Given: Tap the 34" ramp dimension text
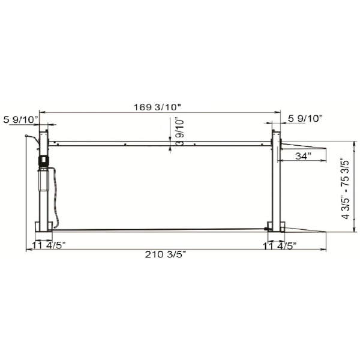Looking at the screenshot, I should coord(303,156).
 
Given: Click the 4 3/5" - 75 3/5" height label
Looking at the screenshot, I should coord(345,188).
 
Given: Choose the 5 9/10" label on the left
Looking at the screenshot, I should coord(20,119).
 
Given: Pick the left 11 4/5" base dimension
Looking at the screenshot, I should coord(48,245).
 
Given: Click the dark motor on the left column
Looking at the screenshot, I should coord(43,161).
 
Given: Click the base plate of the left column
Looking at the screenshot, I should coord(43,227).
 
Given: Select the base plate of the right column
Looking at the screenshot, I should coord(276,226).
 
